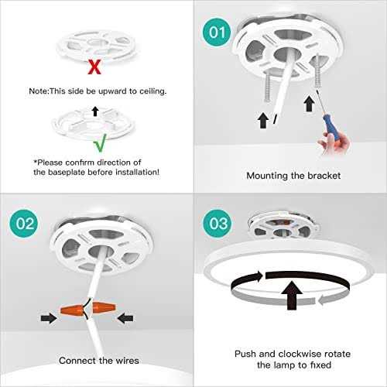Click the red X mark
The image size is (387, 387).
tap(94, 67)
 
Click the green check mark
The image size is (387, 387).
tap(100, 143)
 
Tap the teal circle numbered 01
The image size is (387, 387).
tap(217, 33)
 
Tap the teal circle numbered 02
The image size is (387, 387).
tap(24, 224)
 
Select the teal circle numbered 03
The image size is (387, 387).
tap(217, 224)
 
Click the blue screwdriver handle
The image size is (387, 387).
tap(331, 128)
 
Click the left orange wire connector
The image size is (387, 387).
tap(73, 310)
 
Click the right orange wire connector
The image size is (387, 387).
tap(104, 308)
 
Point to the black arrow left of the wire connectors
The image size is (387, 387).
tap(49, 318)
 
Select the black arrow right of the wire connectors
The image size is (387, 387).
tap(125, 318)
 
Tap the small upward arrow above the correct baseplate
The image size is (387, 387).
tap(95, 111)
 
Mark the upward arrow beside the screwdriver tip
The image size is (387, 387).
tap(309, 104)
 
